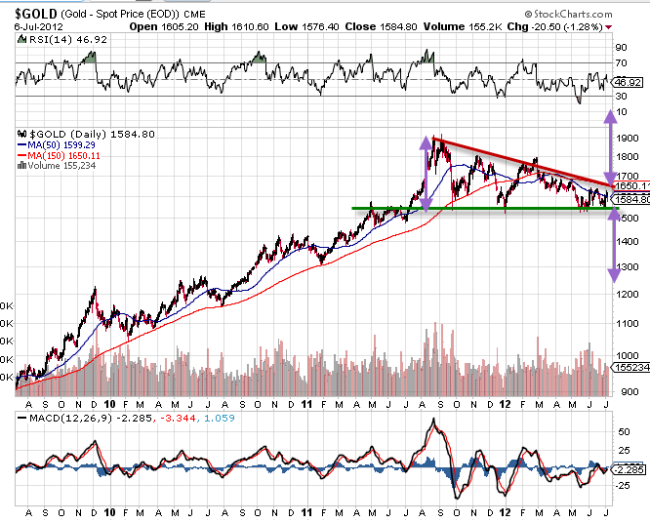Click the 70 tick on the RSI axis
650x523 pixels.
(x=620, y=64)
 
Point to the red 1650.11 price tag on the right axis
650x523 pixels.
(x=630, y=184)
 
